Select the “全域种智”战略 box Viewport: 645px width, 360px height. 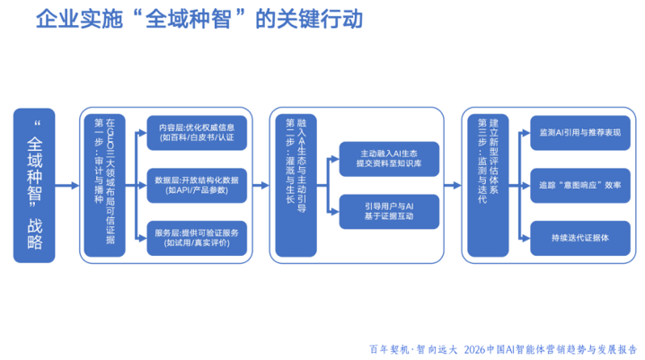34,185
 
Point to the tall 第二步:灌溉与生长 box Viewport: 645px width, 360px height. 296,185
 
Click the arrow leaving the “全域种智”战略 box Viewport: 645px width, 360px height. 68,185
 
